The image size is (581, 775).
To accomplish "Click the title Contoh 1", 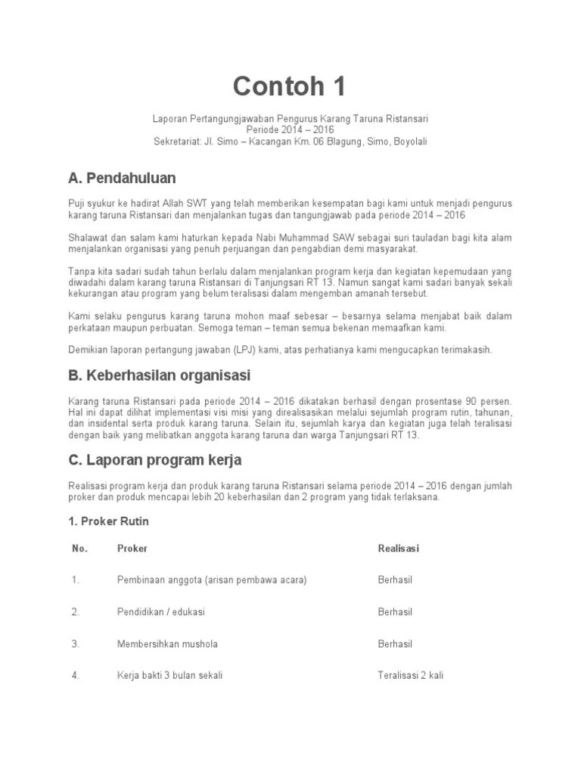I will (x=290, y=87).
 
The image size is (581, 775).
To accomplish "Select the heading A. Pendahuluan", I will (x=122, y=179).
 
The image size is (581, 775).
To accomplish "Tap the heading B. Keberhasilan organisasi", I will (x=159, y=375).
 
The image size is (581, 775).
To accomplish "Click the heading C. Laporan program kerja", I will (x=154, y=459).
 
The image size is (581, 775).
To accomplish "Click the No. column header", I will (x=80, y=548).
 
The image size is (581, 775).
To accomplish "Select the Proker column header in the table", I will (x=132, y=548).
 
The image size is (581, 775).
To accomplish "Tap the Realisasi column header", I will (x=399, y=548).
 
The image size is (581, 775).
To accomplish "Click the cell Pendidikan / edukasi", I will (x=161, y=612).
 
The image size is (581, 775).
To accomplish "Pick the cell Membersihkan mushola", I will (x=167, y=644).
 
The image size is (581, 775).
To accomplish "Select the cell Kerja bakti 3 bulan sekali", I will (x=169, y=676).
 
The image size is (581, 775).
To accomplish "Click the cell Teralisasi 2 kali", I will (x=410, y=676).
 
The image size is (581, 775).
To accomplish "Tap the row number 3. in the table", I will (x=76, y=644).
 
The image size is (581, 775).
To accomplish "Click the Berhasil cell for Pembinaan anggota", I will (x=395, y=580).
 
